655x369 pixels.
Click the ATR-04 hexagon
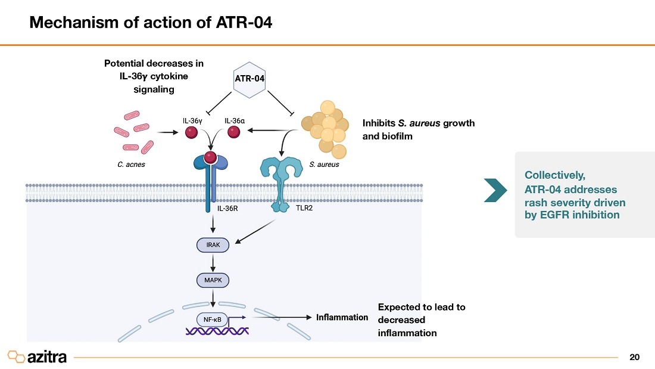point(249,79)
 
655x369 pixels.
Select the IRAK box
point(213,245)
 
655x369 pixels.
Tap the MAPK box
point(213,279)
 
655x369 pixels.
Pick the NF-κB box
point(213,319)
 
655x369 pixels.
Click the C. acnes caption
point(131,164)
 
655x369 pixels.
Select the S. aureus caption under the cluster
point(324,164)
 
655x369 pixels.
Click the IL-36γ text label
point(192,120)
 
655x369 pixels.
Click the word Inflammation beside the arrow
point(342,317)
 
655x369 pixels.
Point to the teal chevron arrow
point(495,189)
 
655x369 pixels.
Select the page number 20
point(634,358)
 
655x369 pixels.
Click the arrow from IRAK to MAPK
point(213,262)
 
